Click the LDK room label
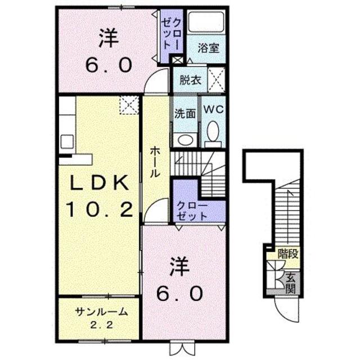pyautogui.click(x=99, y=183)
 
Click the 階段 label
pyautogui.click(x=287, y=254)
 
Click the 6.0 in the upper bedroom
pyautogui.click(x=109, y=65)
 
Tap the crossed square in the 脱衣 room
pyautogui.click(x=216, y=79)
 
